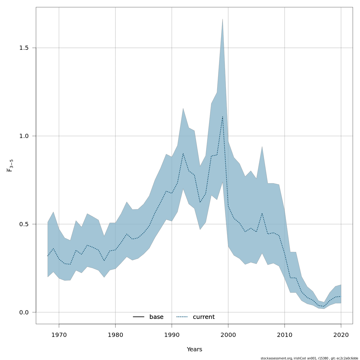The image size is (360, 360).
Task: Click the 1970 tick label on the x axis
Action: (59, 335)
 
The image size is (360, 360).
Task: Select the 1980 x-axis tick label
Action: (115, 335)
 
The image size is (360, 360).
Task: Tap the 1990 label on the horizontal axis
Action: (172, 335)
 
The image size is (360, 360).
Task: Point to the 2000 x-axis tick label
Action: (228, 335)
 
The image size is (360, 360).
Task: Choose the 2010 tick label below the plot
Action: (284, 335)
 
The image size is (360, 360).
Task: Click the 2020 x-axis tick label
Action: (341, 335)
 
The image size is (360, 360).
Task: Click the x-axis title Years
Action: (194, 349)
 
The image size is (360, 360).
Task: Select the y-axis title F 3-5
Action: (10, 165)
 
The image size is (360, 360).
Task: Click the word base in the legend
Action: (156, 317)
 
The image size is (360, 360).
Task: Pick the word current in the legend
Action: (204, 317)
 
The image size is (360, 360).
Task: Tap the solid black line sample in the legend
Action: (139, 317)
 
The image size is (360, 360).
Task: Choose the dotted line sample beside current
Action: (182, 317)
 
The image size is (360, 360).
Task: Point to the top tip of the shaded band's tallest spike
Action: (222, 19)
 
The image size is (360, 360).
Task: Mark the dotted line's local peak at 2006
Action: (262, 213)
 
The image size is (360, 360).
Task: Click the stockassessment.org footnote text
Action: (309, 358)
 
